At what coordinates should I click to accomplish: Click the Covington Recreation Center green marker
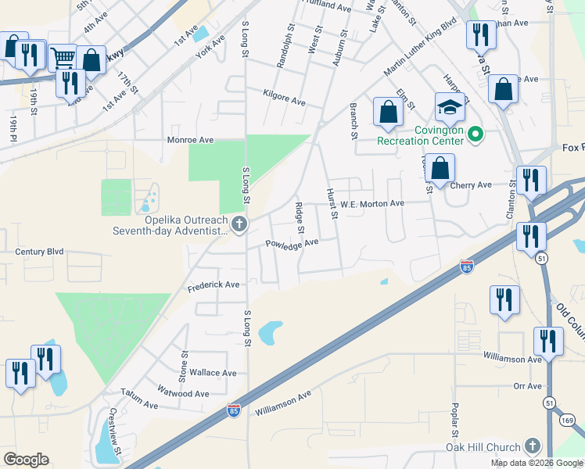475,135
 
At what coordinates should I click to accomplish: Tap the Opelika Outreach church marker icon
239,226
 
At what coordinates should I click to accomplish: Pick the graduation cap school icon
450,107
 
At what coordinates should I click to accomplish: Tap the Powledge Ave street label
292,243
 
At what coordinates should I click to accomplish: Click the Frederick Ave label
214,286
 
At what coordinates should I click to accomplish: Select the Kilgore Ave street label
285,101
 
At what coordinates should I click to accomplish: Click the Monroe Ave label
190,140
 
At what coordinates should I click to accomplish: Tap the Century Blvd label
39,252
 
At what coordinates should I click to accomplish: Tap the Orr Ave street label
528,386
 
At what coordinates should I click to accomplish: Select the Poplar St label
454,421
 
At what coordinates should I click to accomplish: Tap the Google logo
26,460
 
